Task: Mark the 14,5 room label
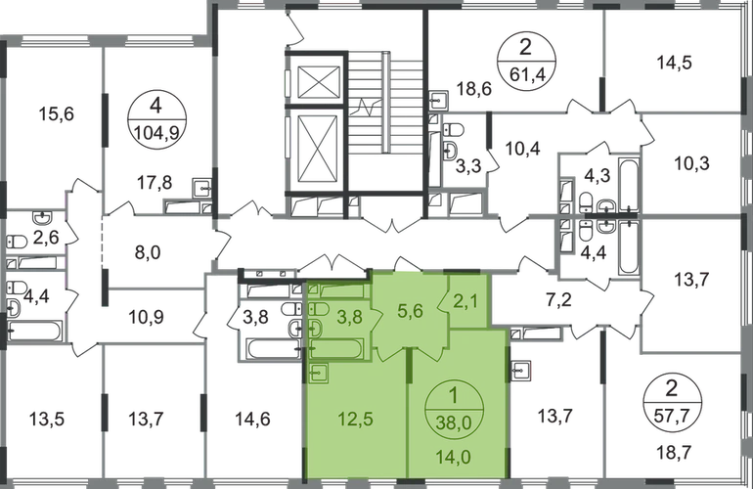tap(673, 64)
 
